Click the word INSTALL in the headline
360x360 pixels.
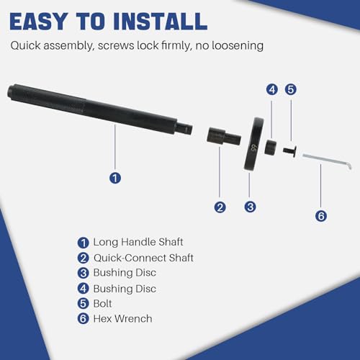(x=161, y=22)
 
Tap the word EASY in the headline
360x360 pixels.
(x=39, y=22)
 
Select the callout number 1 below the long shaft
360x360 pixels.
(x=115, y=178)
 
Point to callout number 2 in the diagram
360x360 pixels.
(x=220, y=207)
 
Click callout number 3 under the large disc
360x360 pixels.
(x=250, y=207)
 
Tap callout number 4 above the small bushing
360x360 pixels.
(x=272, y=90)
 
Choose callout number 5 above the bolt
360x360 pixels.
(x=291, y=89)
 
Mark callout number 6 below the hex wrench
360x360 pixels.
(x=321, y=215)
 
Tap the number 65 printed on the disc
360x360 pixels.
(x=253, y=148)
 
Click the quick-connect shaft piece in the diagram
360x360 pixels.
(x=224, y=137)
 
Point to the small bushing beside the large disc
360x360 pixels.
(x=271, y=147)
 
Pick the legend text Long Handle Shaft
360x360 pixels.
(x=138, y=242)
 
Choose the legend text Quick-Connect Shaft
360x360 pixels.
(x=143, y=258)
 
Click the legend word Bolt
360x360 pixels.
(x=102, y=304)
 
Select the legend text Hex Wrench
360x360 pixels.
(x=122, y=319)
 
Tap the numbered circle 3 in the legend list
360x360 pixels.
(x=84, y=273)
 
